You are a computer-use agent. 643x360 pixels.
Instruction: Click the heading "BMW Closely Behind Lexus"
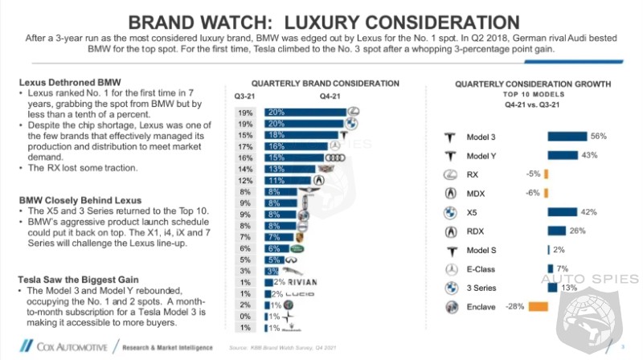pyautogui.click(x=68, y=199)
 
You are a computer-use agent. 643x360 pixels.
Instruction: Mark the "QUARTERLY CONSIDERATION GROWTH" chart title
pyautogui.click(x=533, y=84)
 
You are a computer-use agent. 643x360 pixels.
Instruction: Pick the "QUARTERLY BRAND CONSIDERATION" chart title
pyautogui.click(x=325, y=83)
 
